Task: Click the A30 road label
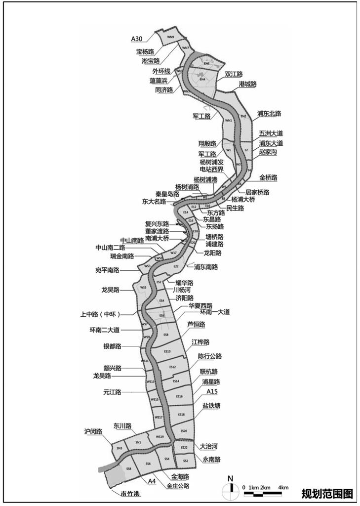tap(137, 39)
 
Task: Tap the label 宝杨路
tap(145, 51)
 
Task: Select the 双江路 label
tap(234, 74)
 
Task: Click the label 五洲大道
tap(271, 133)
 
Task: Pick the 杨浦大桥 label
tap(243, 200)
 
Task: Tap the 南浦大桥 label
tap(157, 238)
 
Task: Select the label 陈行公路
tap(210, 356)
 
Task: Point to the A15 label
tap(212, 391)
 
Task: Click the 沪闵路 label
tap(93, 431)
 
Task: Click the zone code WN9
tap(170, 37)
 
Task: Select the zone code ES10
tap(167, 351)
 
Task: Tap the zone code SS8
tap(128, 467)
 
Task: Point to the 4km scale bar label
tap(283, 488)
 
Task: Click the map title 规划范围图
tap(327, 493)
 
